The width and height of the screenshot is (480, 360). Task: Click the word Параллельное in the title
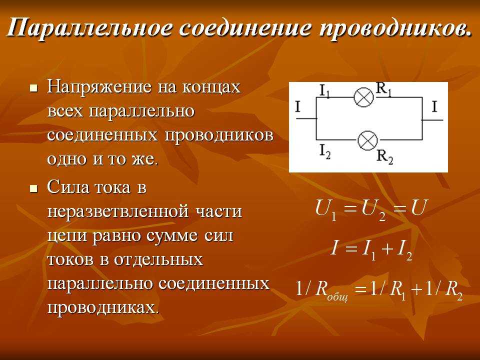point(89,28)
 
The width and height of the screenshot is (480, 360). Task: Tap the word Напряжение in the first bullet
point(99,87)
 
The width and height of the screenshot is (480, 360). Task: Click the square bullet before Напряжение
point(33,88)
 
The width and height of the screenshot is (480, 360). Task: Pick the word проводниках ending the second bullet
point(103,307)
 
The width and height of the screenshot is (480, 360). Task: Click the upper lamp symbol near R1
point(363,97)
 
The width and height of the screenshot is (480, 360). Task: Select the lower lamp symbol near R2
point(367,140)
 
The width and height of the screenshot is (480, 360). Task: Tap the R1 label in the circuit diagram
point(383,89)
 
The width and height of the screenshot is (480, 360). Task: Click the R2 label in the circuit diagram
point(385,157)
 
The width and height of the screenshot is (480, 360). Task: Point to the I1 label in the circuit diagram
point(324,91)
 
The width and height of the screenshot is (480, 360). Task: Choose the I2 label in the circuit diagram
point(325,151)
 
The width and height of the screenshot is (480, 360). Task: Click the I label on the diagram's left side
point(298,107)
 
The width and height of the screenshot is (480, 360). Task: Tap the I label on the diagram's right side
point(434,107)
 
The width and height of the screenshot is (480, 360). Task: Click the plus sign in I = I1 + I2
point(387,249)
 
